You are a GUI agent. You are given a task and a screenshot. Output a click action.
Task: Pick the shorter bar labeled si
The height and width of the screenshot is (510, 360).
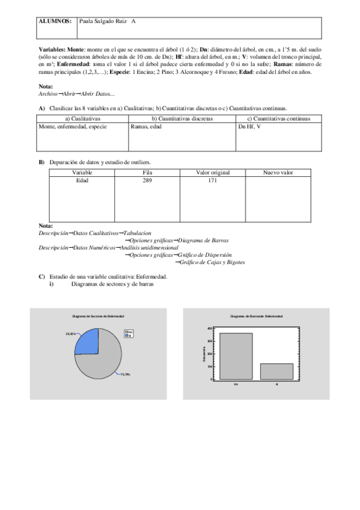[x=276, y=371]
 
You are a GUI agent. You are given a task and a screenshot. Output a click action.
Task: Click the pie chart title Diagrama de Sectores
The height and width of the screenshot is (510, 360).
[x=98, y=316]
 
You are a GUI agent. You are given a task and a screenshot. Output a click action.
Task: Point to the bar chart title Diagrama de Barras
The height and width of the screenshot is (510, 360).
[x=257, y=316]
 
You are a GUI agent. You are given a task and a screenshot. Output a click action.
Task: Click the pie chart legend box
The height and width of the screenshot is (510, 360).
[x=129, y=333]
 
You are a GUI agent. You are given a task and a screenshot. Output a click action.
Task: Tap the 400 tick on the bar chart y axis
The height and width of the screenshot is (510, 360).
[x=210, y=328]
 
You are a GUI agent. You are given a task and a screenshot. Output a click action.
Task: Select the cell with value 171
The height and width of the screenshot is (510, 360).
[x=213, y=180]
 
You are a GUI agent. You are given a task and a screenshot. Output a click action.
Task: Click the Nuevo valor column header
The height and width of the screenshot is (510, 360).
[x=278, y=173]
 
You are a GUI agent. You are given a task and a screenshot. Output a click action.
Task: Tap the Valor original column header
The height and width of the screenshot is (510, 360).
[x=213, y=173]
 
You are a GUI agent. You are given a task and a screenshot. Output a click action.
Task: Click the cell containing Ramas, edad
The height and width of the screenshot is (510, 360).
[x=146, y=127]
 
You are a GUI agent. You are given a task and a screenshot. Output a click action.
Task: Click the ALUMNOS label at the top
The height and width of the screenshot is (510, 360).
[x=55, y=21]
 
